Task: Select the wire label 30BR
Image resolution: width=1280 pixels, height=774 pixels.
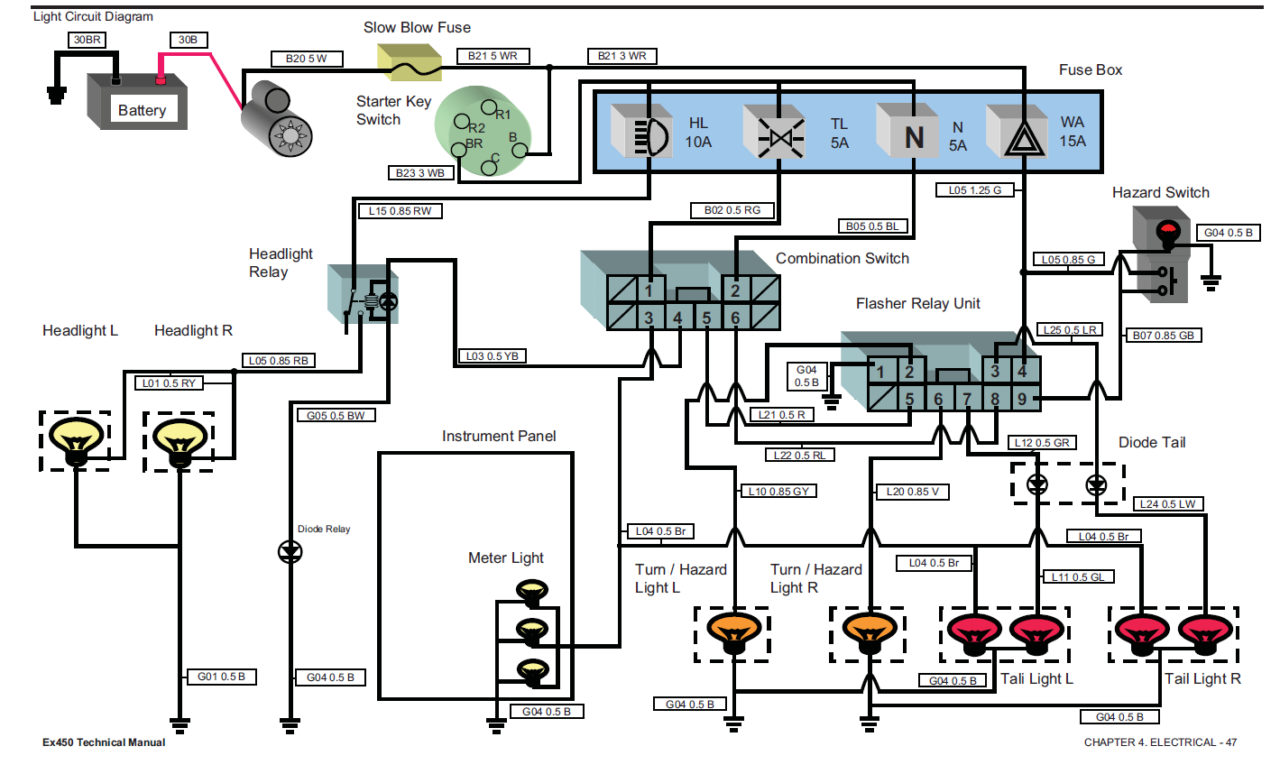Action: pyautogui.click(x=87, y=40)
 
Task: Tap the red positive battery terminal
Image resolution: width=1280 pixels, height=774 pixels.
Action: pyautogui.click(x=161, y=79)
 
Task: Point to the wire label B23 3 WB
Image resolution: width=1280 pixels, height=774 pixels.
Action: pyautogui.click(x=420, y=172)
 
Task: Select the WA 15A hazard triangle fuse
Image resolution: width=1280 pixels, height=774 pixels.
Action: pyautogui.click(x=1021, y=134)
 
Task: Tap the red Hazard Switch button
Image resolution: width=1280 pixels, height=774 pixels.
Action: pyautogui.click(x=1168, y=232)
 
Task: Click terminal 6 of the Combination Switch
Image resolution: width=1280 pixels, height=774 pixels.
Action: pyautogui.click(x=735, y=318)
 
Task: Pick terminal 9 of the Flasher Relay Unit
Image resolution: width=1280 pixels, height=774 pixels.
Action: pyautogui.click(x=1022, y=398)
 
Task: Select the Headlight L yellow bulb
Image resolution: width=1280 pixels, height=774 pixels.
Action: pyautogui.click(x=76, y=439)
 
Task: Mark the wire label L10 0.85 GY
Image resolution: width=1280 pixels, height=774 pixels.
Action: pyautogui.click(x=778, y=491)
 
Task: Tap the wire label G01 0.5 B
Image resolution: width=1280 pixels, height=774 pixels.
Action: pyautogui.click(x=221, y=677)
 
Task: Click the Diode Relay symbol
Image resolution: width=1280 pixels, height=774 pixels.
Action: pyautogui.click(x=290, y=551)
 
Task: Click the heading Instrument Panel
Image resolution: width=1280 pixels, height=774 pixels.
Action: pyautogui.click(x=499, y=437)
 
